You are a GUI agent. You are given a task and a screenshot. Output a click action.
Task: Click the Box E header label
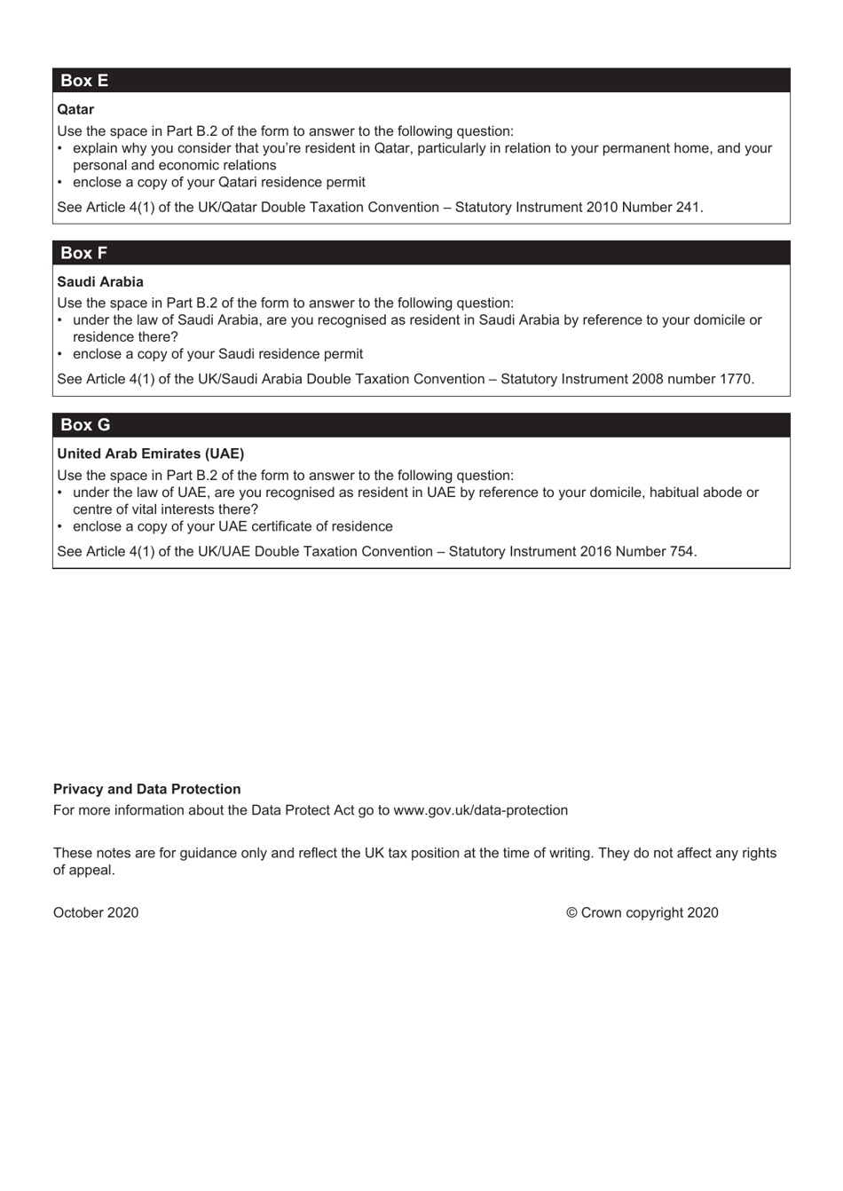coord(84,81)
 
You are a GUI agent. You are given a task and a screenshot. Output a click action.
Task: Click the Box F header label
coord(83,253)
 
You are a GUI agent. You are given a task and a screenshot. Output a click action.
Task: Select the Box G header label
coord(85,425)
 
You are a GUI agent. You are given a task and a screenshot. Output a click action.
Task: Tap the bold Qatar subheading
coord(75,109)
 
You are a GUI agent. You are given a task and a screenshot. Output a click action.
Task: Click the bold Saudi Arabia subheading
coord(100,282)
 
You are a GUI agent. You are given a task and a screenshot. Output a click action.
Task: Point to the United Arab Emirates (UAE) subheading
coord(151,454)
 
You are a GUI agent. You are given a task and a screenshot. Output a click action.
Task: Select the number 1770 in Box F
coord(735,379)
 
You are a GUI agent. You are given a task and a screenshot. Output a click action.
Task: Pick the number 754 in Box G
coord(681,551)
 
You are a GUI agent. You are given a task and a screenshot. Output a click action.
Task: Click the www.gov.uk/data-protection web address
coord(480,810)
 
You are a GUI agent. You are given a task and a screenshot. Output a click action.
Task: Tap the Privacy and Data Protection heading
coord(147,789)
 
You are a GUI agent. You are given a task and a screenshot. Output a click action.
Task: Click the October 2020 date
coord(96,912)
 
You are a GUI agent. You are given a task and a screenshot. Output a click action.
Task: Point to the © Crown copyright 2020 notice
coord(642,912)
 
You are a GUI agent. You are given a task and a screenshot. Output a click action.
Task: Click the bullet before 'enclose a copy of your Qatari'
coord(60,182)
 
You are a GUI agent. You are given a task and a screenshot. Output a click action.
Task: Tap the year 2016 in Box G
coord(595,551)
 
